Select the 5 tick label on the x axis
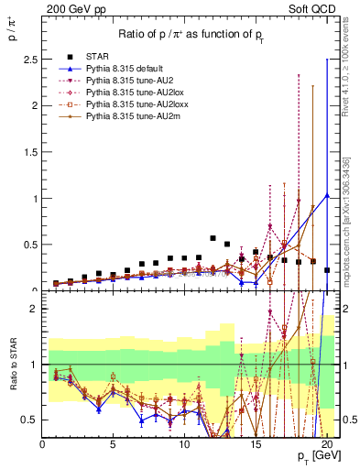point(113,448)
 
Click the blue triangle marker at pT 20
point(327,194)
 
